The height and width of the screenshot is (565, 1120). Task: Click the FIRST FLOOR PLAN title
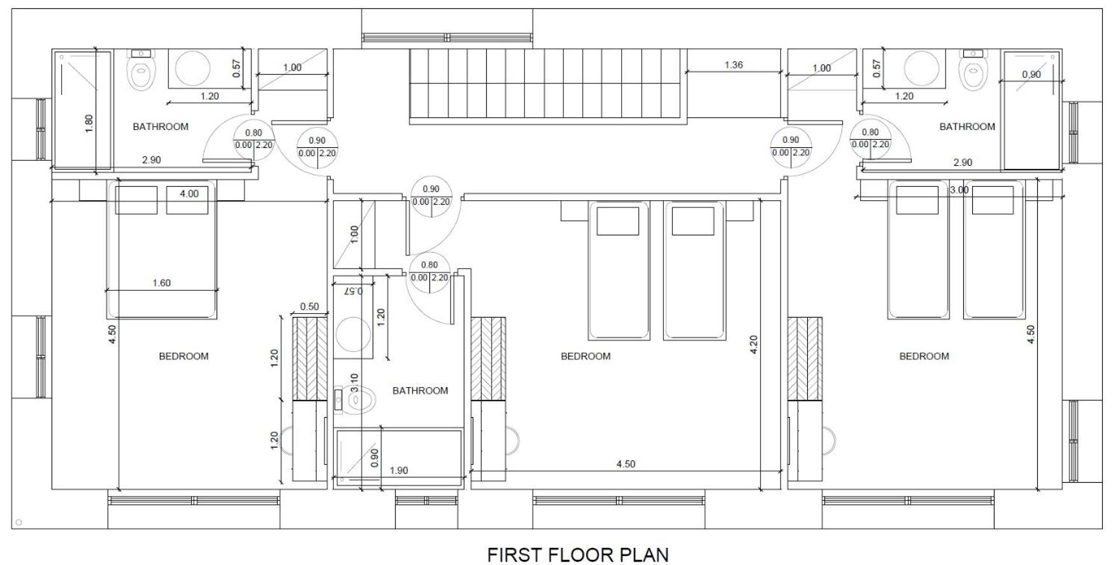click(x=578, y=554)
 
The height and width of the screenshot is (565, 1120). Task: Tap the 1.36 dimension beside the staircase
click(x=733, y=64)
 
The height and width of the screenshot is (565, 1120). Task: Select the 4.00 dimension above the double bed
click(x=189, y=193)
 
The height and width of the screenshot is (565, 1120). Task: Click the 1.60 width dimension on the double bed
click(x=162, y=282)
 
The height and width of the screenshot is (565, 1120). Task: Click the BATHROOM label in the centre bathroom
click(x=420, y=390)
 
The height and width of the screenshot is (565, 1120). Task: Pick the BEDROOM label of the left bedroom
click(x=183, y=356)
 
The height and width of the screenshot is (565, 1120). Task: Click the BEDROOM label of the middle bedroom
click(x=585, y=356)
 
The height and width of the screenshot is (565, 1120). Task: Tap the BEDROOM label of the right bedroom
click(x=924, y=356)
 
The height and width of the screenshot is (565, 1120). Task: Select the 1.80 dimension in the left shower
click(x=89, y=123)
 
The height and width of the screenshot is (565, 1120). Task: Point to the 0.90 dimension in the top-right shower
click(x=1031, y=74)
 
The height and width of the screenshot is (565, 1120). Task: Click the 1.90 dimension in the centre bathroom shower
click(x=398, y=471)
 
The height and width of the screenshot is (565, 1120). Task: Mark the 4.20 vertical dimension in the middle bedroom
click(x=754, y=345)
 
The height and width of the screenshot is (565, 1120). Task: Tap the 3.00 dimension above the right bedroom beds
click(x=959, y=190)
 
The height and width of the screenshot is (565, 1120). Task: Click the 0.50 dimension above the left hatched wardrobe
click(x=310, y=307)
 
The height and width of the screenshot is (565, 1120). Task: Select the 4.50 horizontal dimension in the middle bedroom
click(x=626, y=464)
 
